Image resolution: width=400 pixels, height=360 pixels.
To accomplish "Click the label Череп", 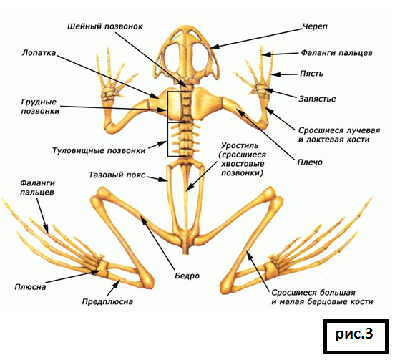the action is pyautogui.click(x=315, y=26).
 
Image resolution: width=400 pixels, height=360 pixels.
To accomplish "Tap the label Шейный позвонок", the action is pyautogui.click(x=105, y=26).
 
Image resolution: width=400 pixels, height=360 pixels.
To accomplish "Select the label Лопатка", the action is pyautogui.click(x=39, y=53).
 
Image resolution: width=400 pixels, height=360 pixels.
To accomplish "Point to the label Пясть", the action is pyautogui.click(x=311, y=74).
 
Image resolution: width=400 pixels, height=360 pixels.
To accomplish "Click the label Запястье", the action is pyautogui.click(x=317, y=99).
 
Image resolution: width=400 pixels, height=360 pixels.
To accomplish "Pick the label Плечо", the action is pyautogui.click(x=310, y=162).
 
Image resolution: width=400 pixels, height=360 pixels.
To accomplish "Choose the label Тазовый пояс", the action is pyautogui.click(x=117, y=175).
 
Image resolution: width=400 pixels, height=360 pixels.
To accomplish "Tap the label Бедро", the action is pyautogui.click(x=187, y=276).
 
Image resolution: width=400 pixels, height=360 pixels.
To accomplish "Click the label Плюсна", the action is pyautogui.click(x=30, y=287).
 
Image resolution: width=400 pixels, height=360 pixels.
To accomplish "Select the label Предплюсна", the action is pyautogui.click(x=107, y=302).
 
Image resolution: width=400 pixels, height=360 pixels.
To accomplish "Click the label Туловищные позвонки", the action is pyautogui.click(x=99, y=150).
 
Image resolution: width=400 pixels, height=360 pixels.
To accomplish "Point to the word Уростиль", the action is pyautogui.click(x=240, y=146).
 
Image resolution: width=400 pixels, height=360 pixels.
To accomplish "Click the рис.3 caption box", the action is pyautogui.click(x=356, y=336).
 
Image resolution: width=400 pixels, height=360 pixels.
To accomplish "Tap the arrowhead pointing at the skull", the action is pyautogui.click(x=214, y=47).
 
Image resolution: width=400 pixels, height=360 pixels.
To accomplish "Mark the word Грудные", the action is pyautogui.click(x=39, y=102).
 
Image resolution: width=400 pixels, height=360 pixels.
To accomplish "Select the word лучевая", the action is pyautogui.click(x=363, y=131).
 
